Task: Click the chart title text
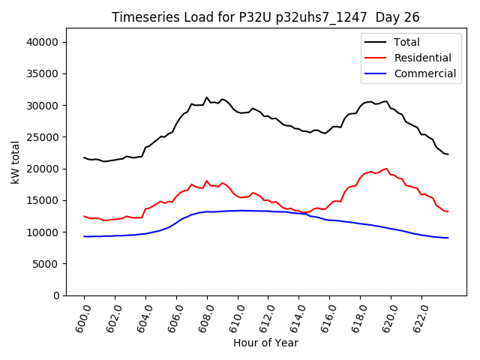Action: [265, 17]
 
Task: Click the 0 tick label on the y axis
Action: [57, 295]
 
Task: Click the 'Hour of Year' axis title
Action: [265, 343]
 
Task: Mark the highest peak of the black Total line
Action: [207, 97]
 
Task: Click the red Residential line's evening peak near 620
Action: [386, 169]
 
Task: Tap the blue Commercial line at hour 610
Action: [238, 211]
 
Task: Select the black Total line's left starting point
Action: [84, 157]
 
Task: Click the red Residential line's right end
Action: [448, 211]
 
